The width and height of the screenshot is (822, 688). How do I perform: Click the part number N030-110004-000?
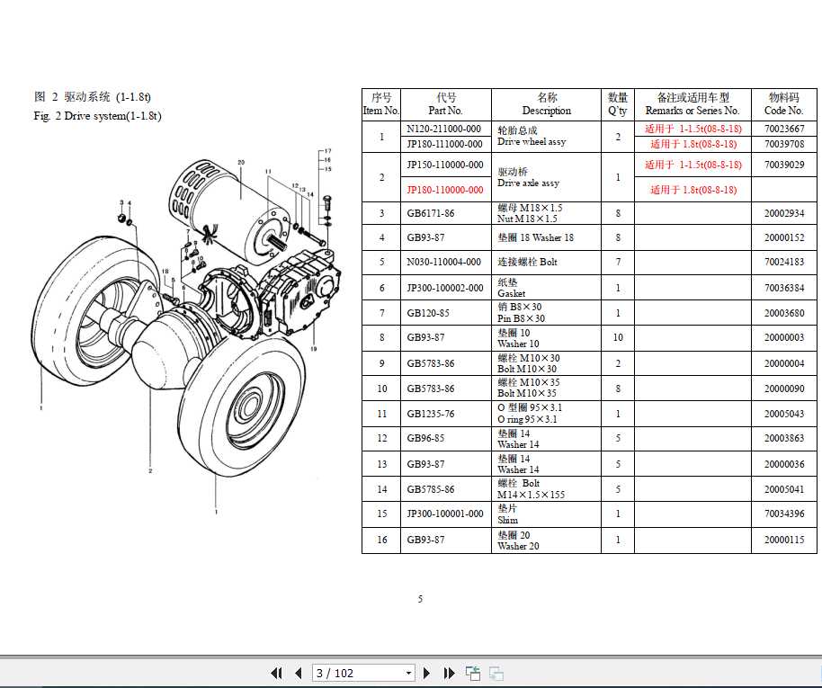point(443,263)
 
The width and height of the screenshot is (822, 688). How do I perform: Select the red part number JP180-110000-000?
point(444,190)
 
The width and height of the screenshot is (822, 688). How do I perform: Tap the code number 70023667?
point(783,129)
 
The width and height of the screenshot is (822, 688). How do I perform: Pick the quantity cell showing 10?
point(617,338)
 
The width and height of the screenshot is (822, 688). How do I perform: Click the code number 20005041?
point(783,489)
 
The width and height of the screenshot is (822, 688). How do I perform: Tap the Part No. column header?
point(445,104)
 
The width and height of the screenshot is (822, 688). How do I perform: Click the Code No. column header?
point(783,104)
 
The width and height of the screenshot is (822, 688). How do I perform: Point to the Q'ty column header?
point(617,104)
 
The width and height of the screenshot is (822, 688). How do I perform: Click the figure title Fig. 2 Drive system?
point(97,116)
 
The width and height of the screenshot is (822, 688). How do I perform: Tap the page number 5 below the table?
point(420,599)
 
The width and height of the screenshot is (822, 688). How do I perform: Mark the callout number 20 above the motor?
point(241,162)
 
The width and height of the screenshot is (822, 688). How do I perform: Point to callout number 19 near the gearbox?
point(314,348)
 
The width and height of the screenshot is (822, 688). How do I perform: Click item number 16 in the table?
point(381,540)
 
